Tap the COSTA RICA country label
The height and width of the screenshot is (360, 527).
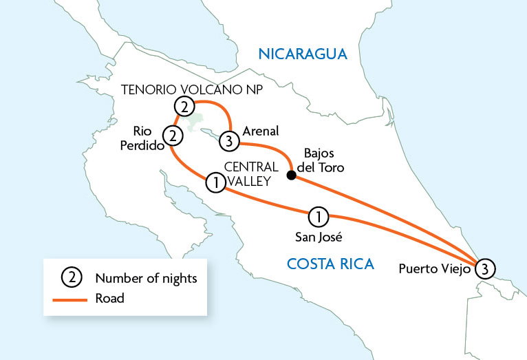click(x=330, y=263)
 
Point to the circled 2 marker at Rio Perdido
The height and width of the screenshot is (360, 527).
click(x=172, y=136)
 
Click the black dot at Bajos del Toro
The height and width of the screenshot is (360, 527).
click(x=291, y=175)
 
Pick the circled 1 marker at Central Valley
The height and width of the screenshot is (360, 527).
click(x=215, y=182)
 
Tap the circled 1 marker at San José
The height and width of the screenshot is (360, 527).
click(x=318, y=216)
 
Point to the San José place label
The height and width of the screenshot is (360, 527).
click(x=317, y=238)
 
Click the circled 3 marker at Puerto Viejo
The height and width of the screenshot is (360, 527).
click(x=484, y=268)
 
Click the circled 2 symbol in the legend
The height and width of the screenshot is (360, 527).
click(x=72, y=278)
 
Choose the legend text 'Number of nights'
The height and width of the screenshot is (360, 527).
click(x=147, y=278)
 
